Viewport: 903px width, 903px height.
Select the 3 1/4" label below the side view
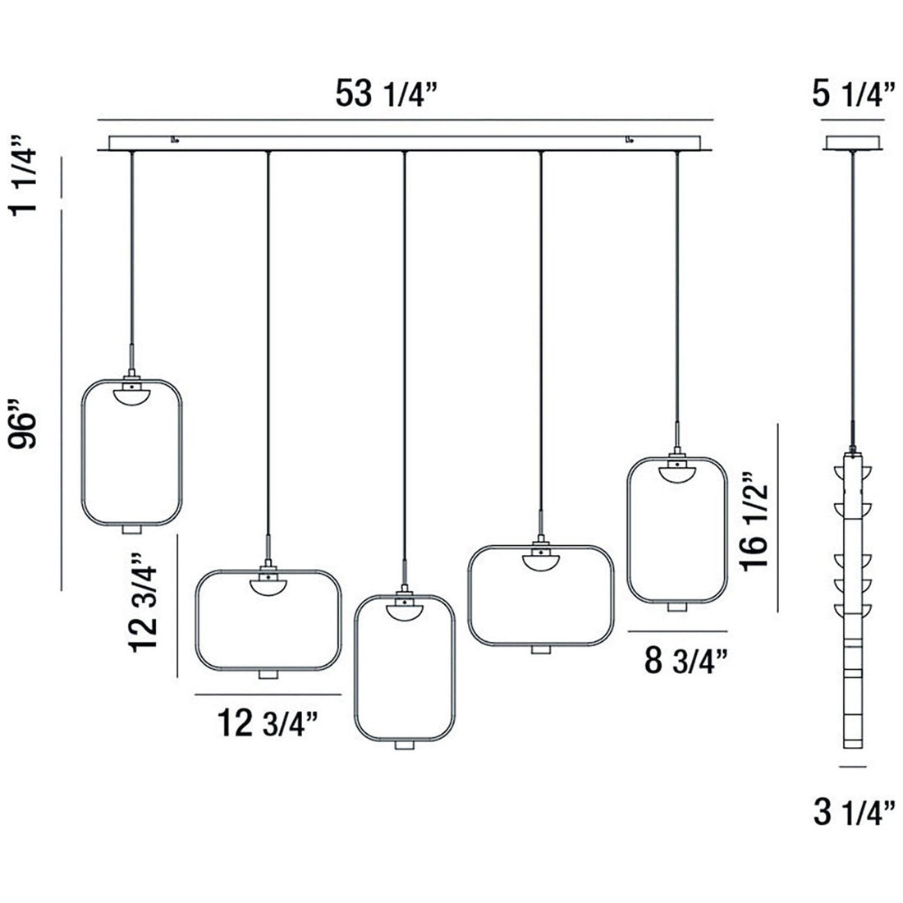tap(854, 814)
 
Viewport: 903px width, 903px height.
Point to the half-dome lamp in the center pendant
tap(403, 609)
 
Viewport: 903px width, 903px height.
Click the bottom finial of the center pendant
tap(403, 744)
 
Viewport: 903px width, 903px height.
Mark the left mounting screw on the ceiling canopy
tap(174, 140)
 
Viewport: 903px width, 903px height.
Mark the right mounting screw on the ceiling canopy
tap(629, 140)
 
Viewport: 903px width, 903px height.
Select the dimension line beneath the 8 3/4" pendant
tap(677, 630)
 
